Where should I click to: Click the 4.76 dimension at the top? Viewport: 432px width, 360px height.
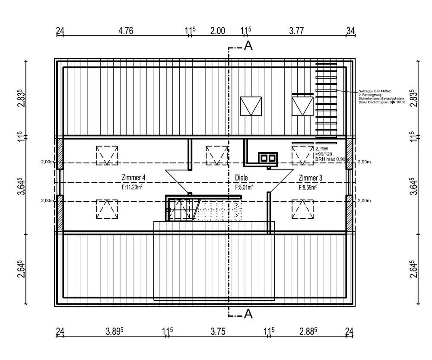tap(126, 31)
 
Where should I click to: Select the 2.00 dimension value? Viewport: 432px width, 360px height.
tap(217, 31)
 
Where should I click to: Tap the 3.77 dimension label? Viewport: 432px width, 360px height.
tap(297, 31)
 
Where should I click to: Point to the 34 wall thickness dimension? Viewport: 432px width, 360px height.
tap(350, 31)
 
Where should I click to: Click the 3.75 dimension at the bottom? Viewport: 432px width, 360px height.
tap(218, 331)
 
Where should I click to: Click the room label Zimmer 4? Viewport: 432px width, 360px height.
tap(134, 178)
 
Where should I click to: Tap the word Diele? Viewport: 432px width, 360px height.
tap(242, 178)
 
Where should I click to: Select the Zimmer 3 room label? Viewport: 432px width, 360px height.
tap(310, 178)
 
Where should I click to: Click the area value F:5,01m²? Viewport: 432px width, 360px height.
tap(244, 188)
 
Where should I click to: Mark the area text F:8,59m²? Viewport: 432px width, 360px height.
tap(308, 188)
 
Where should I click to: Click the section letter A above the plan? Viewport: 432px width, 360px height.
tap(248, 46)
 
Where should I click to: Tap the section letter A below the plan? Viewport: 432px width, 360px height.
tap(248, 314)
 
